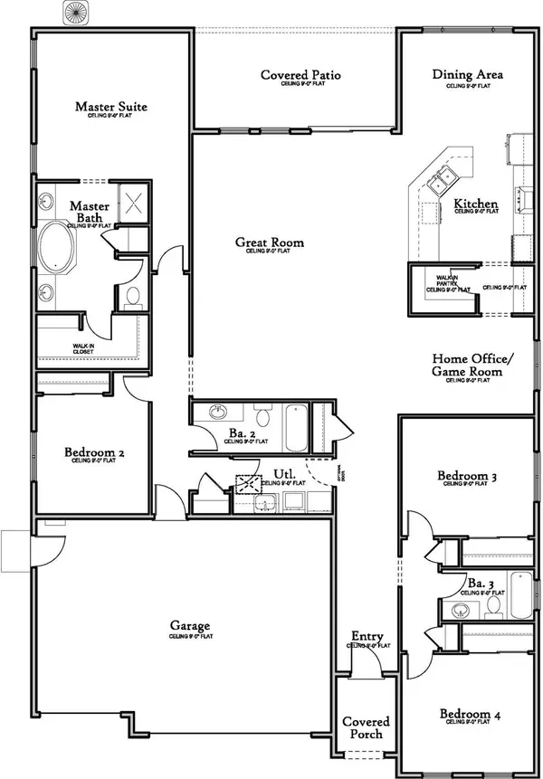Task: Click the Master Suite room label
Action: coord(110,107)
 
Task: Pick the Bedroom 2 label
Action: coord(93,453)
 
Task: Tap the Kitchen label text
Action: coord(475,204)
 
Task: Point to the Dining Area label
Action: coord(468,75)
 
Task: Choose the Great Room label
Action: coord(270,242)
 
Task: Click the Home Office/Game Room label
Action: coord(467,365)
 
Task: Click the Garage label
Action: coord(190,626)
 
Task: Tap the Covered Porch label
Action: coord(366,727)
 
